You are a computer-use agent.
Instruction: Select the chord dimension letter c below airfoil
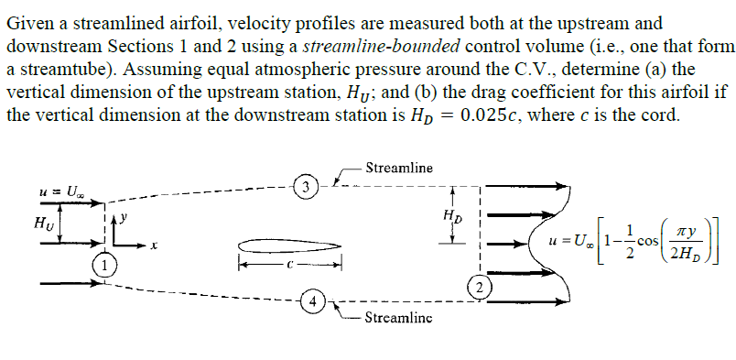click(289, 267)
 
